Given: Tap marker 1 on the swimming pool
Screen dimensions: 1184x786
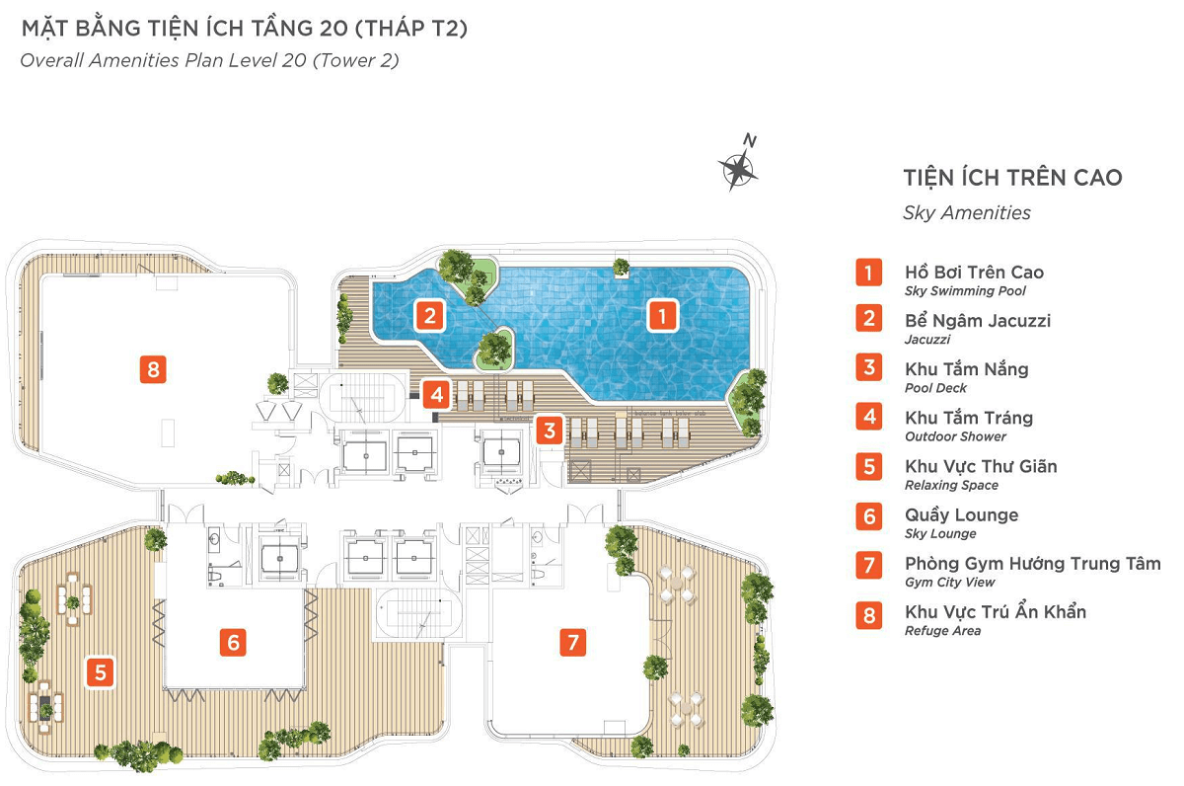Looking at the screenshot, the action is [x=662, y=316].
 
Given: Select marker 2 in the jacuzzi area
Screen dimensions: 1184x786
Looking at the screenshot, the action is [x=430, y=316].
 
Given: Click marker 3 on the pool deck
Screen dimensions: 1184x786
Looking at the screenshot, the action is [x=550, y=430].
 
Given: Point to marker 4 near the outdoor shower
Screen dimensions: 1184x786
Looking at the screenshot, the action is [x=436, y=394].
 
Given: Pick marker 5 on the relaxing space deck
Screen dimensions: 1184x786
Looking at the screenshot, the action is [x=100, y=672].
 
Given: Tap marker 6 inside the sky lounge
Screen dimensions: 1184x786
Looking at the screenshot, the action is [x=233, y=642].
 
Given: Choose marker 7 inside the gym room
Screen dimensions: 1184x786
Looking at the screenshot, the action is [x=573, y=642].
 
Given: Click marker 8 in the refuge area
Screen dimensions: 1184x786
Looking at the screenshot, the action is [x=153, y=368].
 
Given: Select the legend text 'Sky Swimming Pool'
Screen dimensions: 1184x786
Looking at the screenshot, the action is [x=965, y=291].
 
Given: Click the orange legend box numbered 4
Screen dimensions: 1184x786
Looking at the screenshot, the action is [x=869, y=417].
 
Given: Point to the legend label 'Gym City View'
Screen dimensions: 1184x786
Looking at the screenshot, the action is [x=949, y=583].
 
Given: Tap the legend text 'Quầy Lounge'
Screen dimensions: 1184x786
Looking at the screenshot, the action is [x=961, y=514].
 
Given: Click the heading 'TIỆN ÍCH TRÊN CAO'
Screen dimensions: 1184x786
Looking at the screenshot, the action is [x=1012, y=177].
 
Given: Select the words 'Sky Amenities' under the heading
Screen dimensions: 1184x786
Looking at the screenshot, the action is [x=967, y=212].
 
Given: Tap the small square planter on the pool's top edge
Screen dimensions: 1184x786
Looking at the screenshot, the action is [x=621, y=269].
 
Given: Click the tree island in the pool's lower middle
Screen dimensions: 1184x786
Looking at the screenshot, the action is [x=494, y=350].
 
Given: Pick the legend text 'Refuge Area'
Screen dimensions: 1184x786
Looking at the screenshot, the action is [x=942, y=631].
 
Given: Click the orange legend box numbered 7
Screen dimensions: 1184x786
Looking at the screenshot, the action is [x=869, y=565].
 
